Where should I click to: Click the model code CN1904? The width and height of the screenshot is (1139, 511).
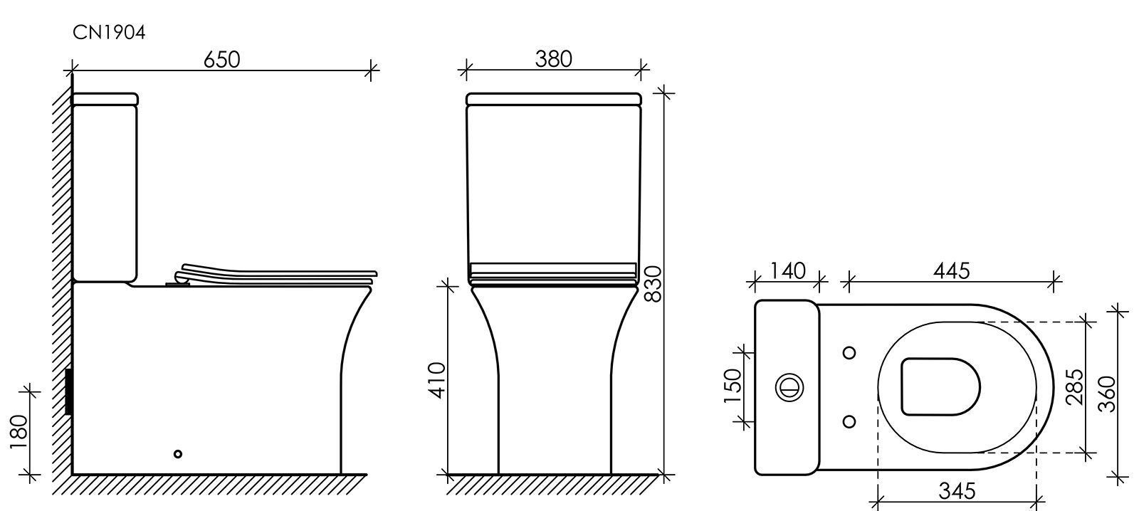click(x=110, y=33)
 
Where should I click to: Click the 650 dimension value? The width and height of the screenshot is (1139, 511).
click(x=221, y=60)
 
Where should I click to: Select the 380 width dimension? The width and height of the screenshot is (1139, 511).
click(x=553, y=59)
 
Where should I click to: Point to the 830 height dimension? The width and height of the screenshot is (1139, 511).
click(x=653, y=284)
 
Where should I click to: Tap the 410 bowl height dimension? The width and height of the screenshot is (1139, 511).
click(x=437, y=380)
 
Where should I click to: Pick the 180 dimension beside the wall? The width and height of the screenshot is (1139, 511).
click(x=19, y=432)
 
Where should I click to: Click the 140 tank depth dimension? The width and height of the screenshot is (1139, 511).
click(x=787, y=271)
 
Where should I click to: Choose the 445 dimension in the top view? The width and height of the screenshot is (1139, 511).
click(x=951, y=271)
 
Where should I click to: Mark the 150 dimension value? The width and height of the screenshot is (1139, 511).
click(x=733, y=386)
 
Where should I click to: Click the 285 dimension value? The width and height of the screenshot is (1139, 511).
click(x=1074, y=387)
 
